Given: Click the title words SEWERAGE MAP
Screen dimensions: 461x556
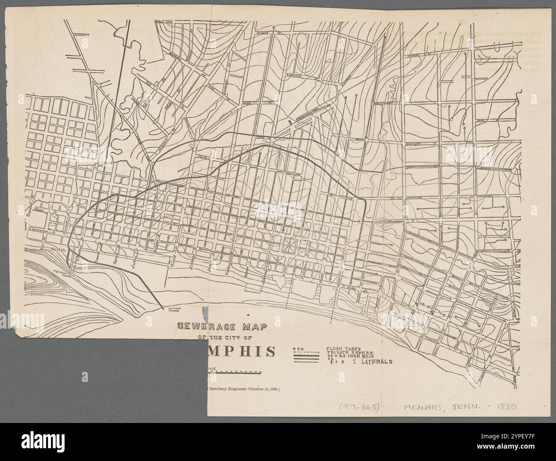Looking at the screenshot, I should pos(222,327).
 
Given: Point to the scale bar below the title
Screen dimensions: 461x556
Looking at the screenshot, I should pos(234,372).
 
